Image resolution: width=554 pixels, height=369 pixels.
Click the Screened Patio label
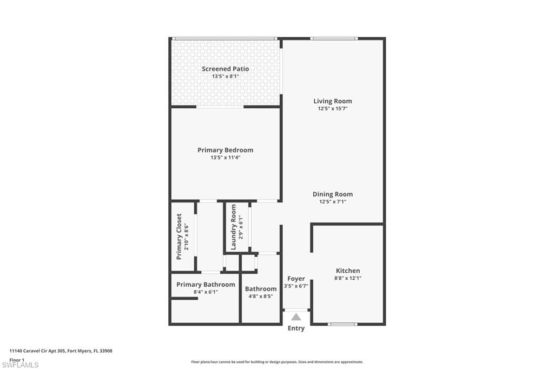tap(226, 69)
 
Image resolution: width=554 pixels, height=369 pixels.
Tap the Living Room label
tap(333, 101)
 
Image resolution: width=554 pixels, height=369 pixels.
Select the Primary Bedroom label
tap(226, 150)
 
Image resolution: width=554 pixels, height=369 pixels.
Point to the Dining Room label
tap(333, 194)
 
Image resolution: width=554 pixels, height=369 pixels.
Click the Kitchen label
tap(348, 271)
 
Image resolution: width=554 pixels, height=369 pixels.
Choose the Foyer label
tap(296, 279)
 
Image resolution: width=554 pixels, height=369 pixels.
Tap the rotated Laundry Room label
tap(233, 227)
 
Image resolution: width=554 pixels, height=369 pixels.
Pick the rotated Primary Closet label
tap(179, 236)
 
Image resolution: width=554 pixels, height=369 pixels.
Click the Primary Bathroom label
tap(206, 285)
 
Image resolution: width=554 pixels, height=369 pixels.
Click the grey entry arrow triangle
tap(296, 317)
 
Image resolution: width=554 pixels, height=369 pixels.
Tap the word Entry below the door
tap(296, 328)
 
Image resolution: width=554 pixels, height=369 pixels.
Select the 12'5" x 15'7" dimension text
tap(333, 109)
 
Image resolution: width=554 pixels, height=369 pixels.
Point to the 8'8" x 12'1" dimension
tap(348, 278)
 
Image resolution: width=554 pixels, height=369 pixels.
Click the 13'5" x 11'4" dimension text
tap(226, 157)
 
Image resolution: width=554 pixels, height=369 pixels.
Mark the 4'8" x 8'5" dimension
tap(261, 296)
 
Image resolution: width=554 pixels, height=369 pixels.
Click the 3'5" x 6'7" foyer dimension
tap(296, 286)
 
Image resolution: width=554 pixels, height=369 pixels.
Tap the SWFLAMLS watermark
tap(20, 365)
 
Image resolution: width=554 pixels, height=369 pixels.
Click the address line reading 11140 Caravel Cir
tap(61, 351)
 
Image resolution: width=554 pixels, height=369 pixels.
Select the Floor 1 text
tap(17, 360)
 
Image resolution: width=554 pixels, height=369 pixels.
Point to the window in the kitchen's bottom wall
tap(342, 324)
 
